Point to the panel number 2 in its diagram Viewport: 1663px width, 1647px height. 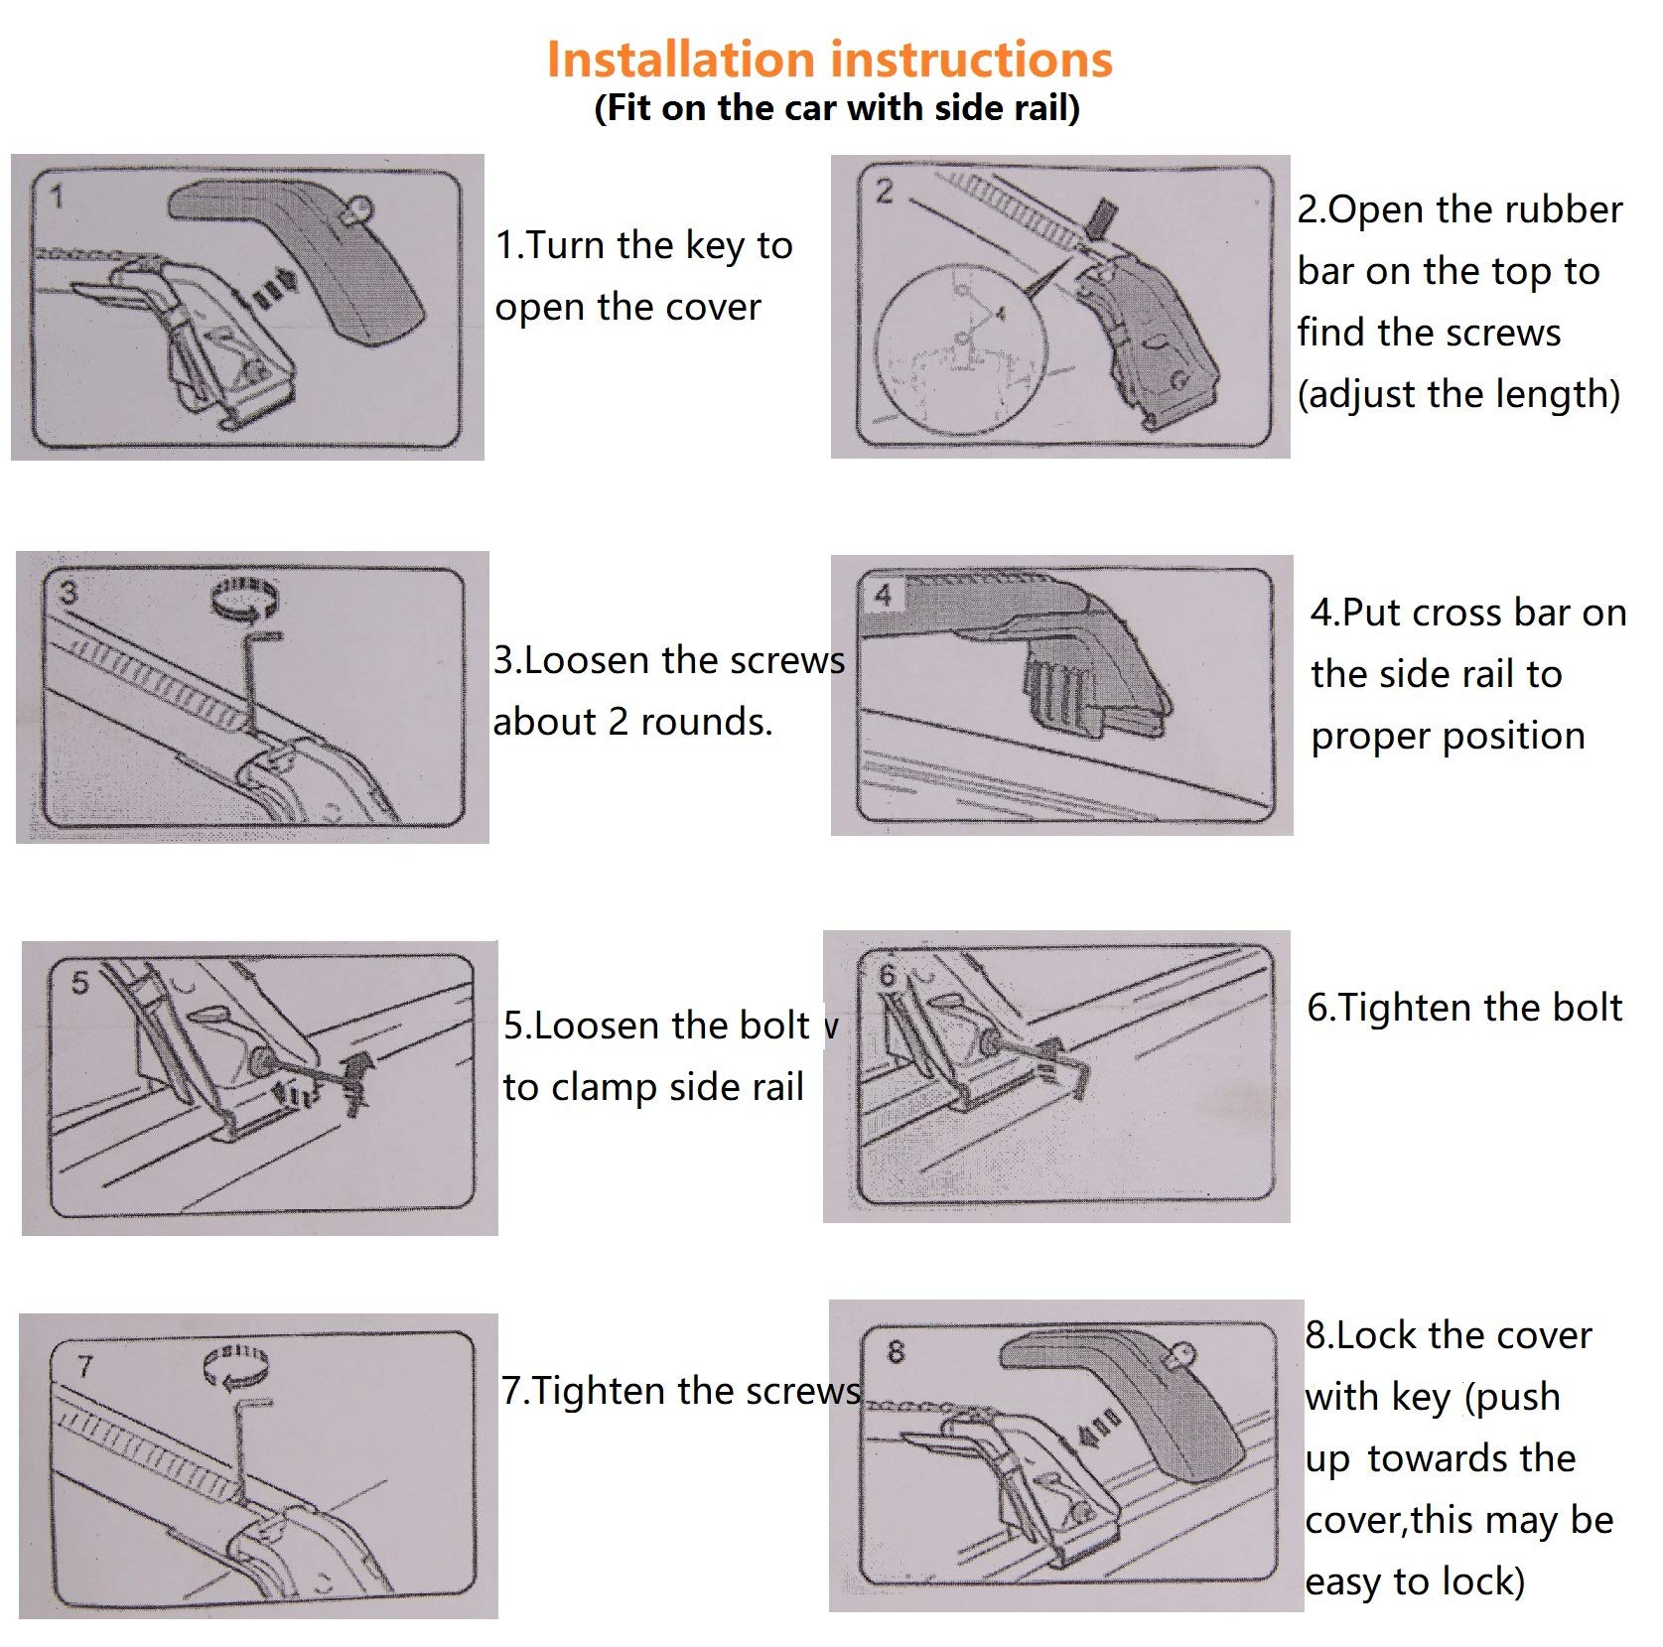(884, 192)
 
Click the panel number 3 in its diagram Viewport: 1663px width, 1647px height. (68, 593)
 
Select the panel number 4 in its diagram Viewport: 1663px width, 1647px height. (884, 595)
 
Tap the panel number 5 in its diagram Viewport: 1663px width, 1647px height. (80, 983)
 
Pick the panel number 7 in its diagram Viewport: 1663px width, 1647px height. (86, 1366)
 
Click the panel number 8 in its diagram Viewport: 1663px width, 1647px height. (896, 1351)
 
